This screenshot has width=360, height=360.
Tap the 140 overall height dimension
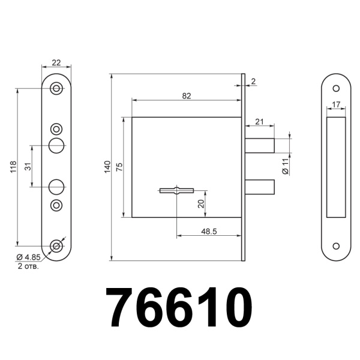click(x=106, y=167)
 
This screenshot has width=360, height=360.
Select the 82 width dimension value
click(x=187, y=95)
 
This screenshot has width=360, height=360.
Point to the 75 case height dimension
click(x=119, y=167)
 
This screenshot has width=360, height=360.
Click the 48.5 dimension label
click(x=210, y=230)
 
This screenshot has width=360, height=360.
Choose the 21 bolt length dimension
click(x=259, y=122)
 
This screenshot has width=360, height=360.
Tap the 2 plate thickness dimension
click(x=254, y=80)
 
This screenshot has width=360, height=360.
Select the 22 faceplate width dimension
click(x=56, y=62)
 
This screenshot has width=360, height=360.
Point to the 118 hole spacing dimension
click(x=13, y=167)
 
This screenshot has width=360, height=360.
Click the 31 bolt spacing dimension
click(x=27, y=167)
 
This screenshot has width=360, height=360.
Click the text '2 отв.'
click(x=28, y=266)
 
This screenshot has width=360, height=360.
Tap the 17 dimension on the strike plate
click(x=336, y=105)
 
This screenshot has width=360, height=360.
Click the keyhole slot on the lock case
click(x=176, y=191)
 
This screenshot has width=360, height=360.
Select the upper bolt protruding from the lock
click(x=259, y=146)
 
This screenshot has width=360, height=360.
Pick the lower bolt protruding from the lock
click(x=259, y=187)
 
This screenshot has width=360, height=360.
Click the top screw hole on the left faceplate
click(x=56, y=89)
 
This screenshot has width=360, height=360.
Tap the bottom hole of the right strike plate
click(x=336, y=246)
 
